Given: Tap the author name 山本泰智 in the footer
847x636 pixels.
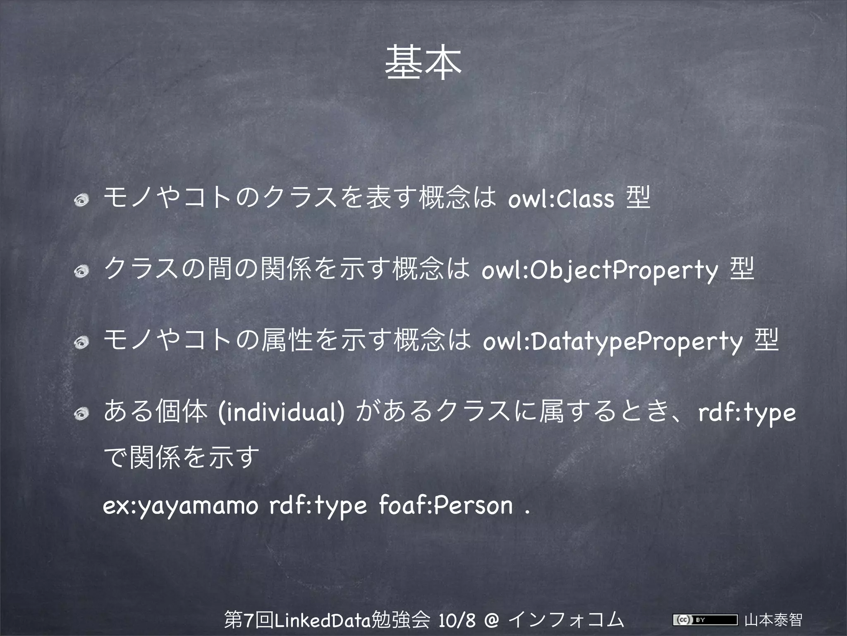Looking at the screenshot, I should tap(773, 620).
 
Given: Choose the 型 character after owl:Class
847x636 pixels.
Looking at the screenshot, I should tap(638, 198).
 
